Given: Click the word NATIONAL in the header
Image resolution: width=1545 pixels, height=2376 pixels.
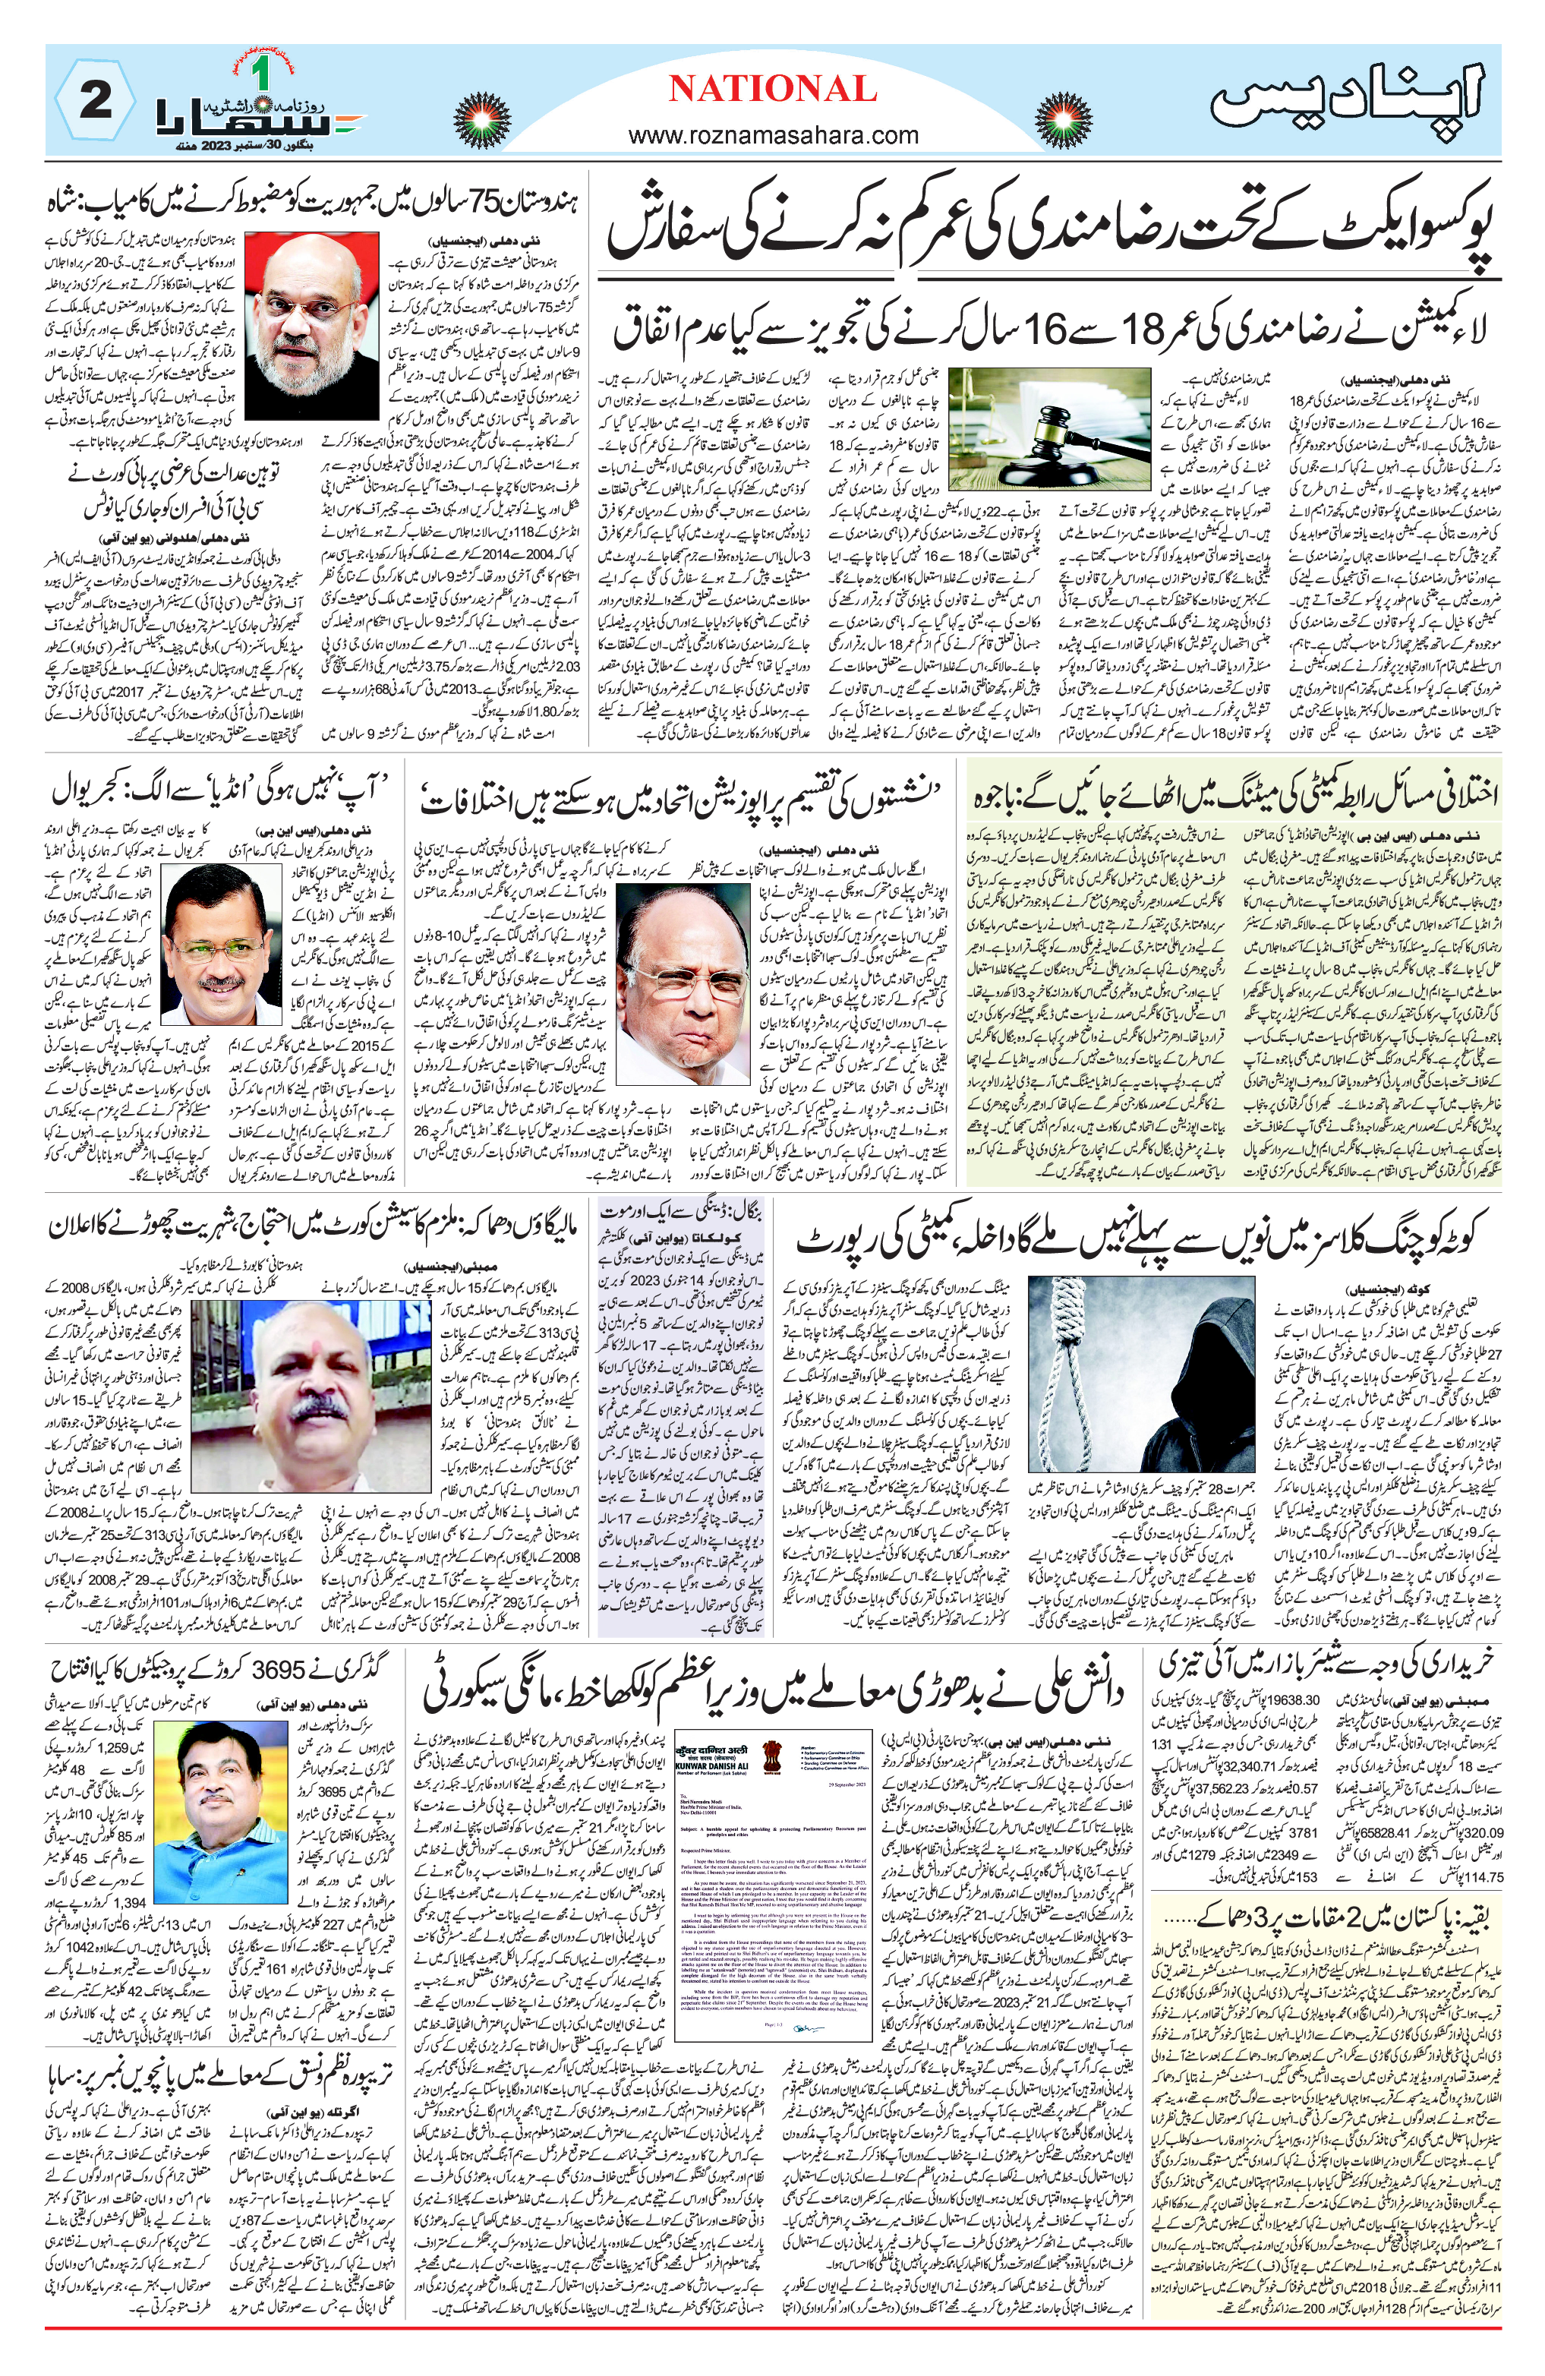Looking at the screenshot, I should pyautogui.click(x=771, y=89).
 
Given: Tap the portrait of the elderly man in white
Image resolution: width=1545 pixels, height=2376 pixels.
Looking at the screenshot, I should pyautogui.click(x=678, y=973).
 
